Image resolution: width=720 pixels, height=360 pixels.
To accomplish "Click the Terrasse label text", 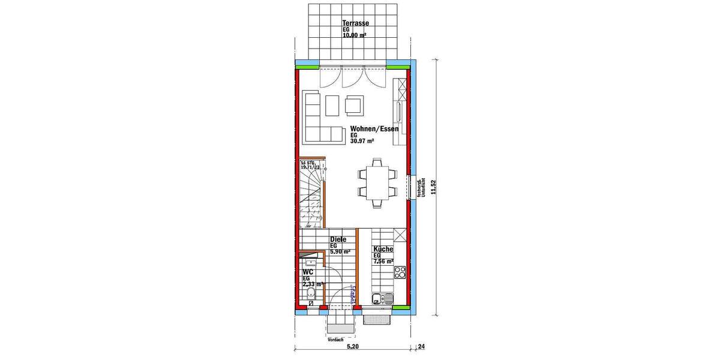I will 355,23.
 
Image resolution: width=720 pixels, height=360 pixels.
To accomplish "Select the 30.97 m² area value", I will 362,142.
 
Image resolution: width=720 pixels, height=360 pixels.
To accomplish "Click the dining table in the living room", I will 377,182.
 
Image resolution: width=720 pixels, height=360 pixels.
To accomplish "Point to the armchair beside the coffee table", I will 354,105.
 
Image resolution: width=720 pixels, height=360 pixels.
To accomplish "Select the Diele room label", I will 338,239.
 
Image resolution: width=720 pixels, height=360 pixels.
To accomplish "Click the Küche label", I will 383,249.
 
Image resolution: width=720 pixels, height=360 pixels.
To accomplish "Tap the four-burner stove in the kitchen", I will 400,273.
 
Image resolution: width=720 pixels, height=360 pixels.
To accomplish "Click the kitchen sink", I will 382,299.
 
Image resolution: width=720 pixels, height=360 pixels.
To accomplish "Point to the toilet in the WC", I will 311,294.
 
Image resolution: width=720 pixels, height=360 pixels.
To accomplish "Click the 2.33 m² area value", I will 313,284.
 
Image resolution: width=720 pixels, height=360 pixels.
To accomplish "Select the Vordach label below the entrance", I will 336,340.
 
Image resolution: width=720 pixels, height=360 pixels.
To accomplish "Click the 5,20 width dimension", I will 353,346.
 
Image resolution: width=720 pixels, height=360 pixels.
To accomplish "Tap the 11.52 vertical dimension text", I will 442,187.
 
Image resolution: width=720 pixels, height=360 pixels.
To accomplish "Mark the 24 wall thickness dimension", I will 422,346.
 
